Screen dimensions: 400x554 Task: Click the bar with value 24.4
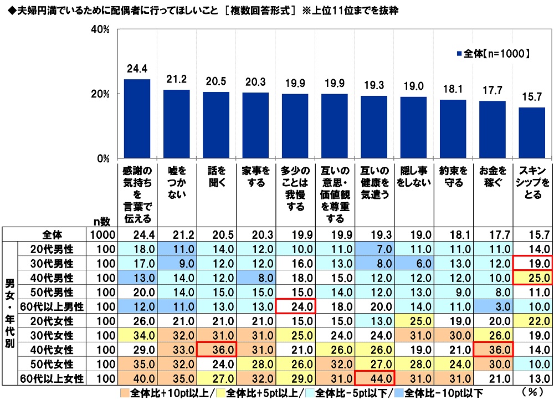pos(137,119)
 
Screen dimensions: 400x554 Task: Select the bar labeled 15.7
pos(532,132)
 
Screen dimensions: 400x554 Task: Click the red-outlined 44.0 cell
pos(374,379)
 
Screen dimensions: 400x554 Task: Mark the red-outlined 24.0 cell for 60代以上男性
pos(295,306)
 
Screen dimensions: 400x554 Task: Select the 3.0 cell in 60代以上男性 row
pos(493,306)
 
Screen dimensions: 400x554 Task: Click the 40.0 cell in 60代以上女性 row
pos(137,379)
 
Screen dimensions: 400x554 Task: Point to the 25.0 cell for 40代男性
pos(532,276)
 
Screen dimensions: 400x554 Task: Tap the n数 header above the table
pos(101,220)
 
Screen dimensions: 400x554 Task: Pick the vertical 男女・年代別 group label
pos(9,313)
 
